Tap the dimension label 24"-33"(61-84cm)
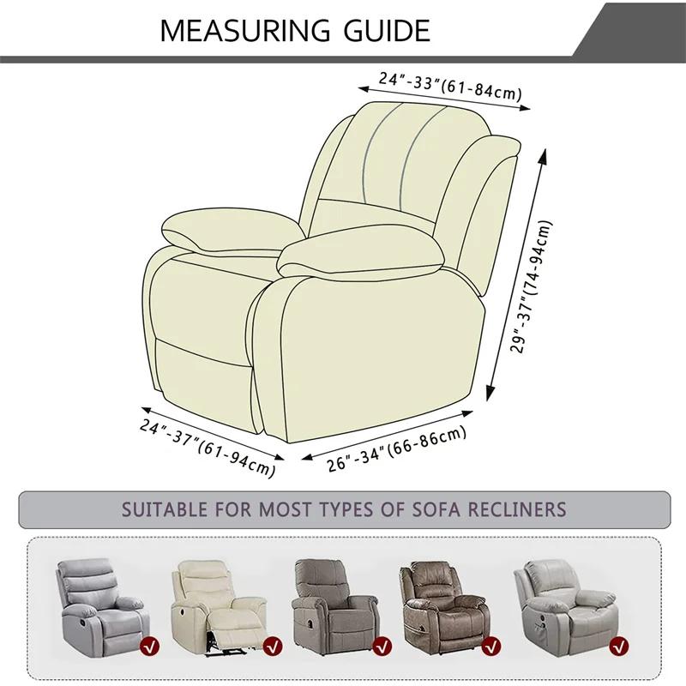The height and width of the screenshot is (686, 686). coord(452,86)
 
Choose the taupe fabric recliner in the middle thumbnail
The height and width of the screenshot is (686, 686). coord(330,599)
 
